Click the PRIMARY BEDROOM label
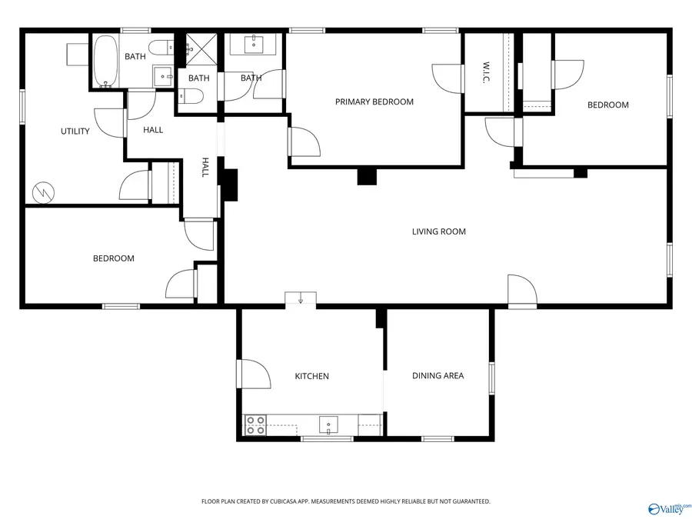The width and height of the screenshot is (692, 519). tap(374, 101)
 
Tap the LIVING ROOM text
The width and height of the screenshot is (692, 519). tap(438, 231)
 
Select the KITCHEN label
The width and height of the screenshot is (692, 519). tap(311, 376)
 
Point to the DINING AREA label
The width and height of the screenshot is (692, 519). tap(437, 376)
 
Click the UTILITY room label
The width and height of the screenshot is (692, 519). tap(75, 131)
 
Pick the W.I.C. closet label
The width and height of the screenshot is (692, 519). tap(486, 73)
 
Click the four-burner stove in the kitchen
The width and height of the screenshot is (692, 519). tap(255, 425)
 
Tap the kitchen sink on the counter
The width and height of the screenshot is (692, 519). tap(328, 425)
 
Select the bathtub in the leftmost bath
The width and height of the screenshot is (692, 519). tap(106, 62)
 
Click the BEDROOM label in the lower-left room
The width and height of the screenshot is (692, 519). tap(113, 258)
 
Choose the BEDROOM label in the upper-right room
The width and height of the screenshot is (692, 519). tap(607, 105)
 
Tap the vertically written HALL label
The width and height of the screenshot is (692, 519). tap(205, 168)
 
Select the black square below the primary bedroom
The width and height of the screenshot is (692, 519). tap(367, 176)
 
